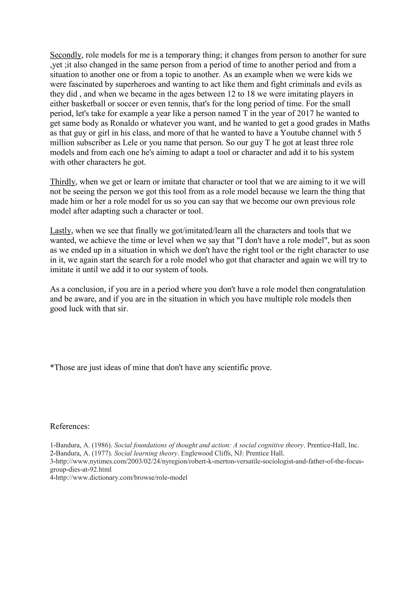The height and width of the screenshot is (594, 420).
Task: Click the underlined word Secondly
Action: click(66, 55)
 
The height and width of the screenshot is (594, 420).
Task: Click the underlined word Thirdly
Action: click(63, 182)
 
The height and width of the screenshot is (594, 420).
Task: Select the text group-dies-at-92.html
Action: click(80, 469)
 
